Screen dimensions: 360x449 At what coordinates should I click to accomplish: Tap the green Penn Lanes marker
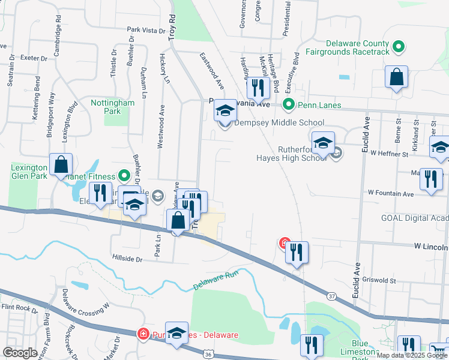pyautogui.click(x=288, y=105)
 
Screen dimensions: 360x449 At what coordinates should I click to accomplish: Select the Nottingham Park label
pyautogui.click(x=112, y=107)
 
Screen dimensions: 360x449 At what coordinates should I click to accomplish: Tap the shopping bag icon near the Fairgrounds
pyautogui.click(x=396, y=78)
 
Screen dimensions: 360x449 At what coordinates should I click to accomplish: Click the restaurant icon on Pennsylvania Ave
pyautogui.click(x=258, y=88)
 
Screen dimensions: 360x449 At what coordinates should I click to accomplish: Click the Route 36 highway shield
pyautogui.click(x=208, y=355)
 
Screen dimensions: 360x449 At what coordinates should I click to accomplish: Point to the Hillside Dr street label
pyautogui.click(x=127, y=259)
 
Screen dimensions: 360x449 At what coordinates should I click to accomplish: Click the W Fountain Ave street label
pyautogui.click(x=391, y=194)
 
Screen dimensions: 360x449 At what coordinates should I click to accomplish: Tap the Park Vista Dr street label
pyautogui.click(x=145, y=29)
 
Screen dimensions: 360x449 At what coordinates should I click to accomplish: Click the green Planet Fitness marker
pyautogui.click(x=124, y=176)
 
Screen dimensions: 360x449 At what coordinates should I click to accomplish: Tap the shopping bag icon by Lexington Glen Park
pyautogui.click(x=61, y=164)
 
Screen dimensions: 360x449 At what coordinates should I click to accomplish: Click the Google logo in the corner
pyautogui.click(x=20, y=353)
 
